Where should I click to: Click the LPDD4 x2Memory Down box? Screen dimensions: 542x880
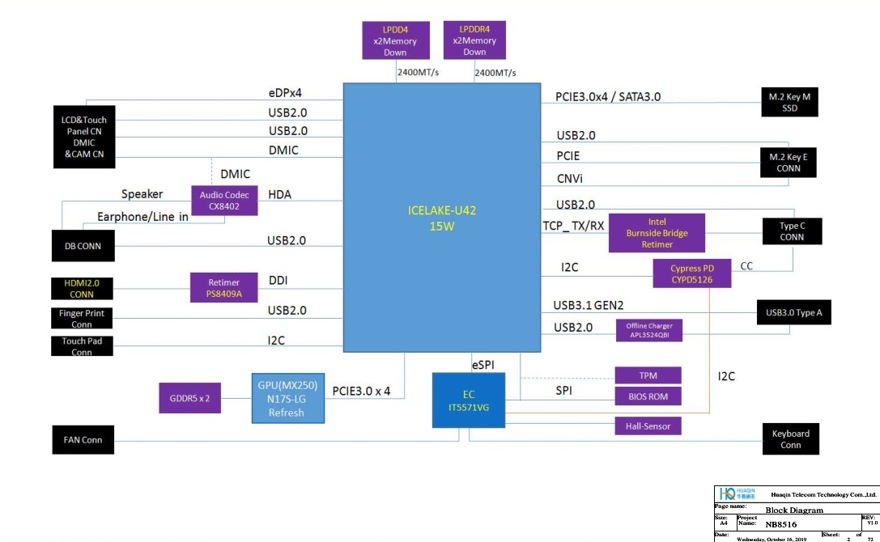point(395,40)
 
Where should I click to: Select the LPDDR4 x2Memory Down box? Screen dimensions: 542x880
point(474,40)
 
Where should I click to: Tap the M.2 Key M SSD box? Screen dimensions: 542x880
point(789,102)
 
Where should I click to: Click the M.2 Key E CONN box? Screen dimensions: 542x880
point(789,163)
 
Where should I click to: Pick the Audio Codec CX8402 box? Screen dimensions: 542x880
point(224,201)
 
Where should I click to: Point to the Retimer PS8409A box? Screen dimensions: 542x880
point(223,289)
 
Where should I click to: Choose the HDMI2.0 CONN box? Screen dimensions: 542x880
point(82,289)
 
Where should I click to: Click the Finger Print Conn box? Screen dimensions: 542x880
point(82,319)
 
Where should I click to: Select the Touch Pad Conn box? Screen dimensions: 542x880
point(82,346)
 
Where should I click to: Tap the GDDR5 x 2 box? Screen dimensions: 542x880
point(189,398)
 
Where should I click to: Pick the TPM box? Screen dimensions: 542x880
point(648,375)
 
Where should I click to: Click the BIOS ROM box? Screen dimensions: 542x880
point(648,397)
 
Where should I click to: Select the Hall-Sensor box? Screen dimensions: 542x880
point(648,426)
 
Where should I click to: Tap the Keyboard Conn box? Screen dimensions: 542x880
point(791,439)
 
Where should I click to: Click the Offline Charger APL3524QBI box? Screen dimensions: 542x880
point(648,330)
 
